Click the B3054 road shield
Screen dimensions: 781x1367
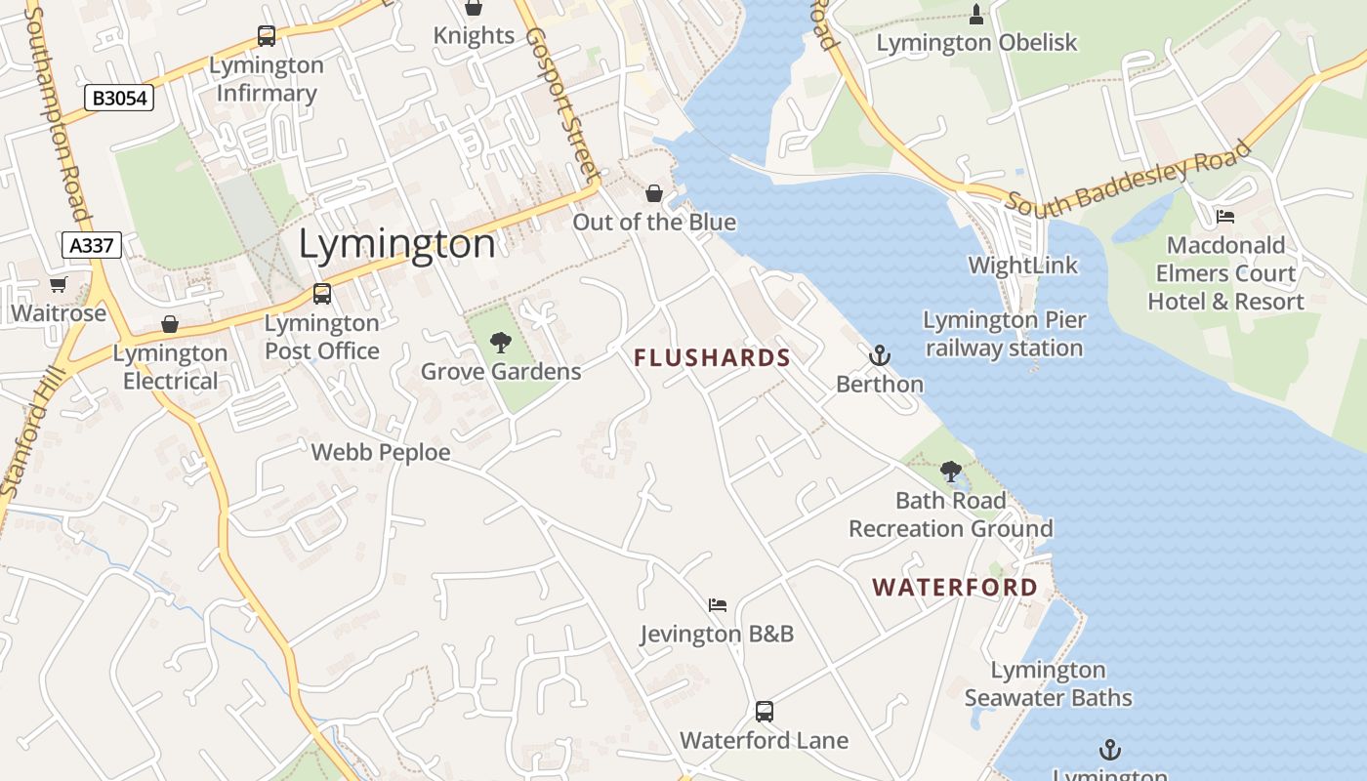[119, 98]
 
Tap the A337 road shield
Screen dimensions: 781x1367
[92, 245]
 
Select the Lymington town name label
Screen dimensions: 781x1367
[396, 244]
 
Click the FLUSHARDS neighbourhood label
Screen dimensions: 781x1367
[712, 358]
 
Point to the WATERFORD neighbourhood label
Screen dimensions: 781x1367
[955, 588]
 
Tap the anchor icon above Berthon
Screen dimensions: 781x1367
[880, 355]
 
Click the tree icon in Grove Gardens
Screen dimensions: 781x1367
[501, 343]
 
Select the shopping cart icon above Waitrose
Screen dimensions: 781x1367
[58, 285]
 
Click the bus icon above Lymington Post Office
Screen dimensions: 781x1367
[321, 293]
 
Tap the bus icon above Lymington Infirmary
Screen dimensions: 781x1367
[266, 36]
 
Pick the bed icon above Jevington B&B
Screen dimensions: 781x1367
[718, 605]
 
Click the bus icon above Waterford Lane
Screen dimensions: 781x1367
[765, 712]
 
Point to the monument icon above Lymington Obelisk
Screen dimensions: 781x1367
[976, 14]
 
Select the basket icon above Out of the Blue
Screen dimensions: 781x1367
[654, 193]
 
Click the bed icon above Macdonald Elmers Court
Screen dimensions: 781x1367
[1225, 216]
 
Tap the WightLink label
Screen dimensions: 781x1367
[1023, 266]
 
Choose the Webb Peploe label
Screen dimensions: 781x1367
[381, 453]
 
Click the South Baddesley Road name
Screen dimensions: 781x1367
[1129, 181]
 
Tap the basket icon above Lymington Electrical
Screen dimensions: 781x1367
[170, 324]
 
